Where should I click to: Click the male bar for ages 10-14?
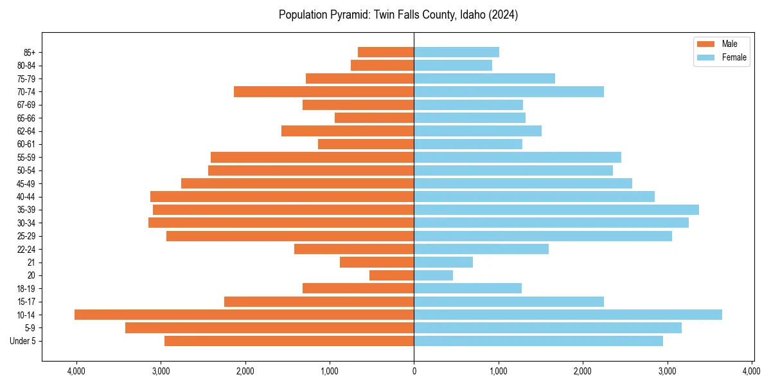coord(244,315)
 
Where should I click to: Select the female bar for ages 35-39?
coord(556,210)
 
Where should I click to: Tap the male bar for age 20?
coord(392,275)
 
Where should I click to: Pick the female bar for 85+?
coord(456,52)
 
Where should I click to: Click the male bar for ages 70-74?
coord(324,91)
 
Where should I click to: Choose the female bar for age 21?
coord(443,262)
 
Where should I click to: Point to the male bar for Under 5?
coord(289,341)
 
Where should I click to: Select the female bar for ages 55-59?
coord(517,157)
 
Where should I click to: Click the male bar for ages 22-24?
coord(354,249)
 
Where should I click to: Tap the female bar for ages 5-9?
coord(547,327)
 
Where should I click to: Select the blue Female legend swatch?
coord(705,57)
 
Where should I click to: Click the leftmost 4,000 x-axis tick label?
coord(76,371)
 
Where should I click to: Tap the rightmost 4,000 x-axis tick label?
coord(752,371)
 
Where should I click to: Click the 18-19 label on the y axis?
coord(25,288)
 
